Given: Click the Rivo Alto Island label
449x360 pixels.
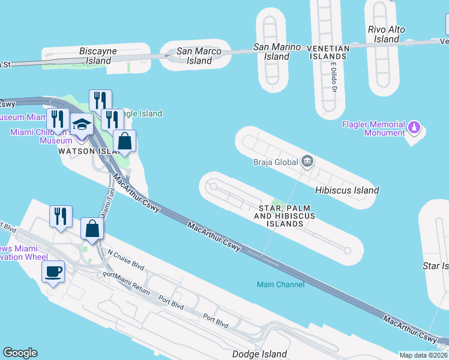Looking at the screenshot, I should [386, 34].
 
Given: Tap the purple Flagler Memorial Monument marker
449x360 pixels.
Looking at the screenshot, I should [414, 128].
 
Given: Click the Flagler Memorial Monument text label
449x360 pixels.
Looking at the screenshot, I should [373, 128].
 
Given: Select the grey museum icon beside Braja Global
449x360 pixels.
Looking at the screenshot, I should [307, 161].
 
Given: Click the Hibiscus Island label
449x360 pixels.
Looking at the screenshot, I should [347, 190].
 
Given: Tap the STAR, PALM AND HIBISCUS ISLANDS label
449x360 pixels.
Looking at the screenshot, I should [285, 215].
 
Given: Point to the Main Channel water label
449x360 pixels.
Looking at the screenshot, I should [280, 284].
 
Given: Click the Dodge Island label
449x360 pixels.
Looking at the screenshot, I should [260, 355].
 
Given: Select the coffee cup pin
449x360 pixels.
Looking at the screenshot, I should [53, 272].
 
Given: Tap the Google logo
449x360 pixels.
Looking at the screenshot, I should [20, 353].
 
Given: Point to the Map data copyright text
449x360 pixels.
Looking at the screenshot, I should [423, 355].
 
